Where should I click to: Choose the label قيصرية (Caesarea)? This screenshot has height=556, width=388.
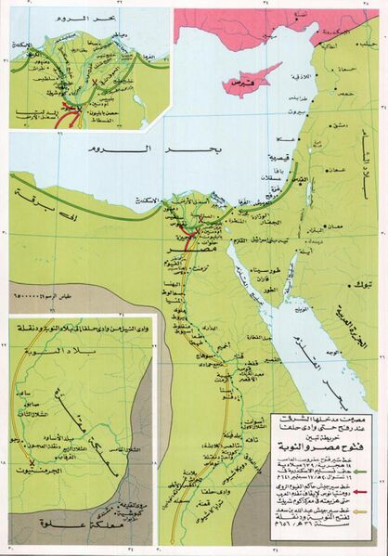[x=281, y=157]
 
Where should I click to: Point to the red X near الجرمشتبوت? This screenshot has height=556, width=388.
[x=32, y=462]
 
